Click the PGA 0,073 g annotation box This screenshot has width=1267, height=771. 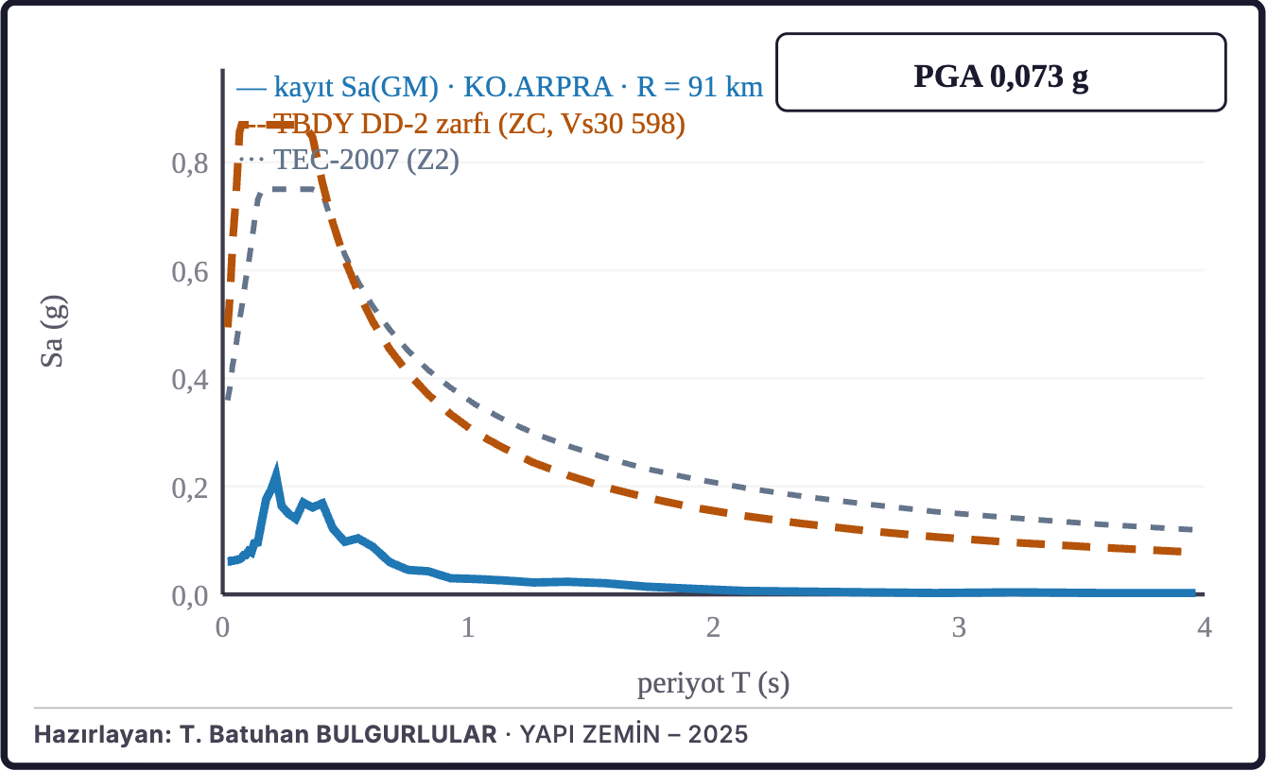tap(1001, 73)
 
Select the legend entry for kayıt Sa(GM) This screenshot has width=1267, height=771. tap(499, 87)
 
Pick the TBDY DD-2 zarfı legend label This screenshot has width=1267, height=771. tap(479, 123)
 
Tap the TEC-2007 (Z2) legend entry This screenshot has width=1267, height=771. tap(367, 160)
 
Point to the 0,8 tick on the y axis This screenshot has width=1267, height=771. tap(190, 163)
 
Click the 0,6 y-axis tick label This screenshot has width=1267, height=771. tap(190, 272)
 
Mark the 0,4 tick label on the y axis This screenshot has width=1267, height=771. tap(190, 380)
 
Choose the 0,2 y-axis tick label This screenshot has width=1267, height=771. tap(190, 488)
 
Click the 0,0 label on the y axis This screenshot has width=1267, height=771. tap(190, 596)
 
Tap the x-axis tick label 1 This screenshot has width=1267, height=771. tap(468, 627)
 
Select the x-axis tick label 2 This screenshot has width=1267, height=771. tap(713, 627)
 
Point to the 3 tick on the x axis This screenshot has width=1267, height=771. tap(959, 627)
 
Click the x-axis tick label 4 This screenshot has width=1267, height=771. tap(1205, 627)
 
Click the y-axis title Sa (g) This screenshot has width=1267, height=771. tap(54, 332)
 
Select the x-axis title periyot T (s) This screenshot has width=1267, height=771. tap(713, 684)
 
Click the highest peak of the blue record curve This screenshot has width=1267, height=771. tap(277, 469)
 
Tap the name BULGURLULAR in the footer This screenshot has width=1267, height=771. tap(407, 734)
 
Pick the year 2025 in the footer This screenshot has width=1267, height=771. tap(718, 734)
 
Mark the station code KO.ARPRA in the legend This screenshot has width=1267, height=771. tap(538, 87)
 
